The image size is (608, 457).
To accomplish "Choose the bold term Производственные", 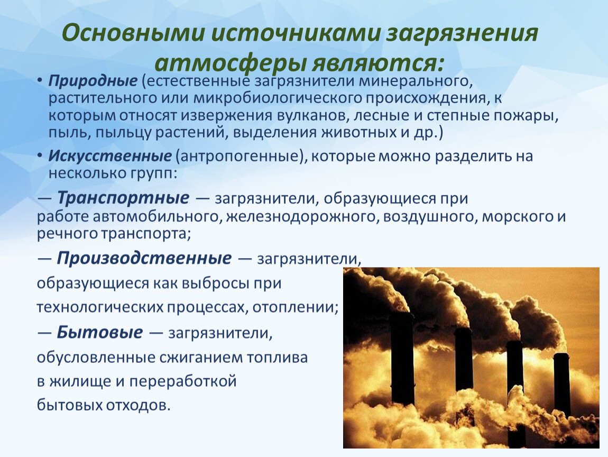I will click(144, 258).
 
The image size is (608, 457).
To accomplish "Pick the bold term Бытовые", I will click(100, 332).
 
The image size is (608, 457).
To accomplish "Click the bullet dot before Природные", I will click(41, 83).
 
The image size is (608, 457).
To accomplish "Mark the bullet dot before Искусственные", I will click(41, 158).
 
